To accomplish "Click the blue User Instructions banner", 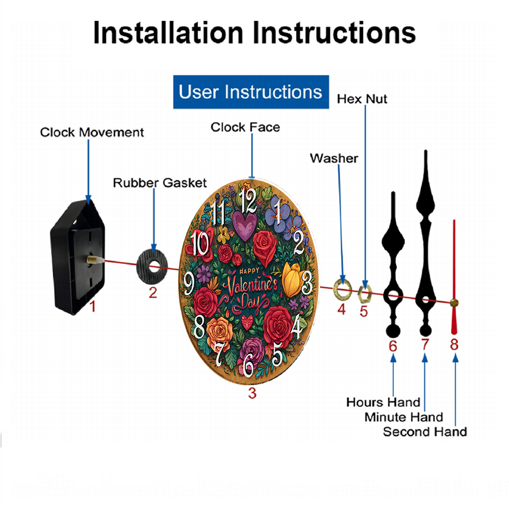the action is (251, 92).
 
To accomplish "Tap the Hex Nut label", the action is (362, 99).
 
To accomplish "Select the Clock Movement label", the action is (92, 132).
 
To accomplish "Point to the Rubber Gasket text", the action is (160, 183).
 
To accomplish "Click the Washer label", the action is (334, 158).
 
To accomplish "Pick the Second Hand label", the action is (425, 432).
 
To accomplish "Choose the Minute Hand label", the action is (404, 417).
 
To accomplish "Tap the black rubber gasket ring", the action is (152, 267).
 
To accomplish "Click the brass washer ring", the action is (343, 289).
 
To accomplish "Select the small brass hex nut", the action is (364, 294).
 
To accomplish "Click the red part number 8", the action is (454, 345).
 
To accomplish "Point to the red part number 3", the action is (252, 393).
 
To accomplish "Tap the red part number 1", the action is (93, 306).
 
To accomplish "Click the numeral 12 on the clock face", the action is (248, 201).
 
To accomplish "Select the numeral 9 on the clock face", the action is (189, 284).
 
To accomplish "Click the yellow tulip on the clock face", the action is (292, 280).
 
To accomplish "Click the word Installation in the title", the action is (168, 33).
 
